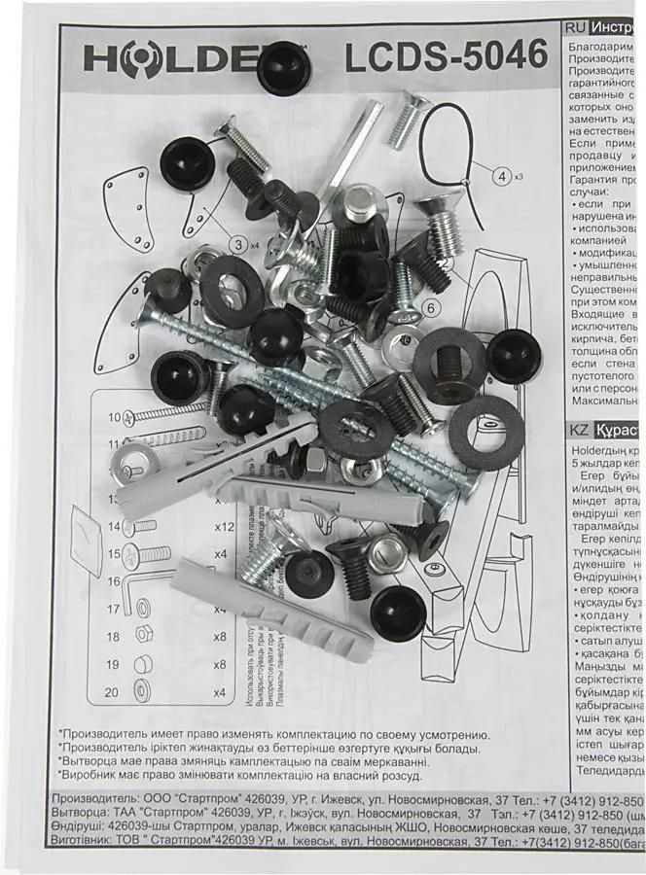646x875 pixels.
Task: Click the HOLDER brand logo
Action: [175, 59]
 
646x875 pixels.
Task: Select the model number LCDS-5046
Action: [447, 57]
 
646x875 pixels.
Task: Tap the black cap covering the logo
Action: [285, 67]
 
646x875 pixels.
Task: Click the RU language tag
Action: [574, 29]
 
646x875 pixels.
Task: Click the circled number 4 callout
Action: [502, 177]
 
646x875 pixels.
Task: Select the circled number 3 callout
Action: [236, 244]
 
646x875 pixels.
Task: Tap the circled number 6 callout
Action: [431, 309]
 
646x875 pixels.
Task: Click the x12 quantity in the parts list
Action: [223, 526]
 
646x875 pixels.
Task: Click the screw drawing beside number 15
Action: [156, 555]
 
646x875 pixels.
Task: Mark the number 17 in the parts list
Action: [114, 610]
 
